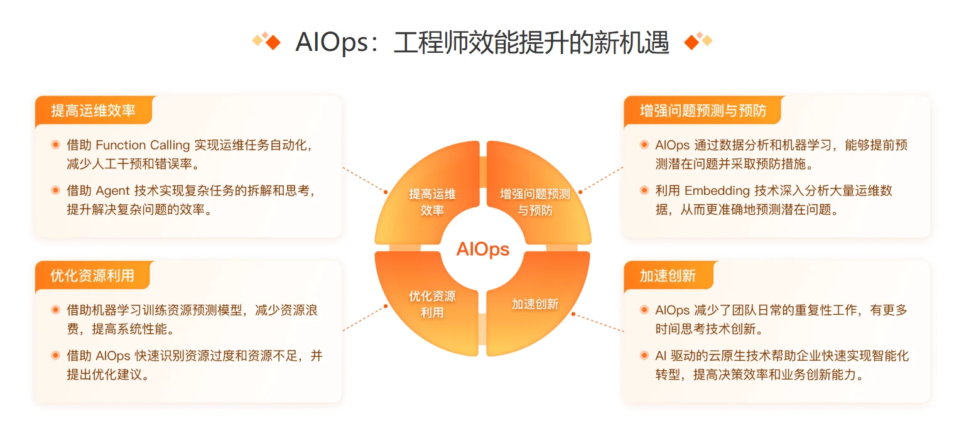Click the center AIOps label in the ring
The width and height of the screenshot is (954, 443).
(482, 249)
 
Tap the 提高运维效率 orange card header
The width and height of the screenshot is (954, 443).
(93, 111)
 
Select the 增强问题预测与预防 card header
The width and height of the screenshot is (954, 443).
(703, 111)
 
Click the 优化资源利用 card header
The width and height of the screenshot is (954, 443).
(92, 276)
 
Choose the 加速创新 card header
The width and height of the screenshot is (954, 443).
(668, 276)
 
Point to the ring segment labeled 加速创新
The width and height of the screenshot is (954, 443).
(534, 304)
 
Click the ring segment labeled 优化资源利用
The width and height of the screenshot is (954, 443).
(431, 304)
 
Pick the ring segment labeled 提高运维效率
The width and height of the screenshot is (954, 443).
(431, 202)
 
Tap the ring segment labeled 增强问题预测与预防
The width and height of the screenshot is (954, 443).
(534, 202)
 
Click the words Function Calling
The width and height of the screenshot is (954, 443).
(143, 145)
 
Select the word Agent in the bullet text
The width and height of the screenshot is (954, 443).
(114, 190)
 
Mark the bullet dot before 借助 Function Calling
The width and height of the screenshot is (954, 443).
(56, 145)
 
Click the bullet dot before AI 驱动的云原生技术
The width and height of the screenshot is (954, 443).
(644, 356)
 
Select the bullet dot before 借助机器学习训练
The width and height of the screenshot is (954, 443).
(56, 310)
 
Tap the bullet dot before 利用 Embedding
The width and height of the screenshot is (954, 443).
(644, 190)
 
